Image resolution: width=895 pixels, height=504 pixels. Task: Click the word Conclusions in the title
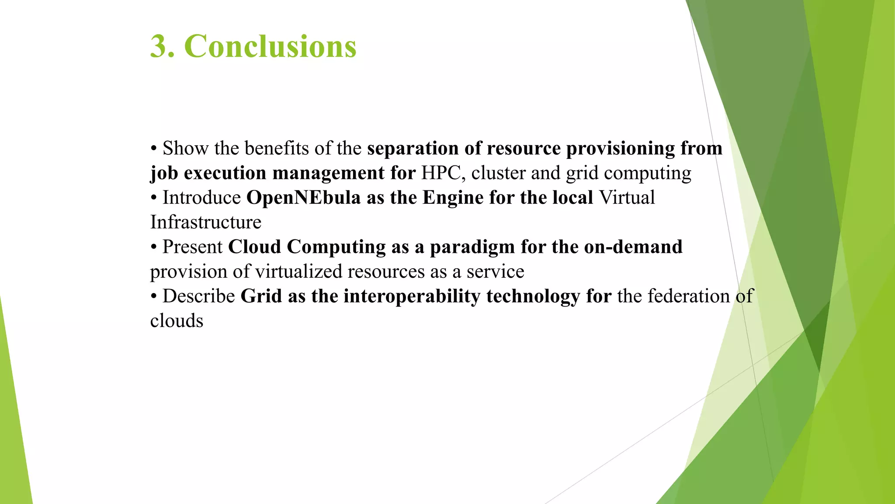pyautogui.click(x=270, y=46)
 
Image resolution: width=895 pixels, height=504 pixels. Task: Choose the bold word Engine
pyautogui.click(x=453, y=198)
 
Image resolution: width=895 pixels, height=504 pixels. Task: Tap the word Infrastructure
pyautogui.click(x=206, y=222)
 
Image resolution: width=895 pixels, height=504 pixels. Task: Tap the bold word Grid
pyautogui.click(x=261, y=297)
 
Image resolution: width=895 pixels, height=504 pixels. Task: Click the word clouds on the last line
pyautogui.click(x=177, y=321)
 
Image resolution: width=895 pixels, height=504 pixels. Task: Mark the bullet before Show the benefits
pyautogui.click(x=153, y=149)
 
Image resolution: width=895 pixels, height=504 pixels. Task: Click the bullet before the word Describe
pyautogui.click(x=153, y=297)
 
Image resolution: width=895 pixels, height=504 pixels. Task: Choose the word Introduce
pyautogui.click(x=201, y=198)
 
